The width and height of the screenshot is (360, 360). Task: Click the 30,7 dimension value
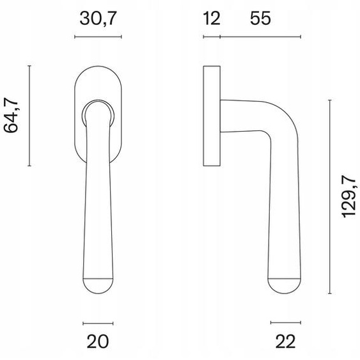98,19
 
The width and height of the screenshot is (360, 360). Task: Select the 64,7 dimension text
11,115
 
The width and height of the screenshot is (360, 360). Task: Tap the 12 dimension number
212,19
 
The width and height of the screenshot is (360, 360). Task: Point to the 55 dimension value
260,19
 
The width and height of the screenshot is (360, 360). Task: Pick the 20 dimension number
98,341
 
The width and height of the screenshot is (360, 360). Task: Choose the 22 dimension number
285,341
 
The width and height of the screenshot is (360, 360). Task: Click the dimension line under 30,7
98,36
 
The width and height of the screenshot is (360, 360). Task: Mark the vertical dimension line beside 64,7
29,116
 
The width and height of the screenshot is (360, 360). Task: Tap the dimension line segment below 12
212,36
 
